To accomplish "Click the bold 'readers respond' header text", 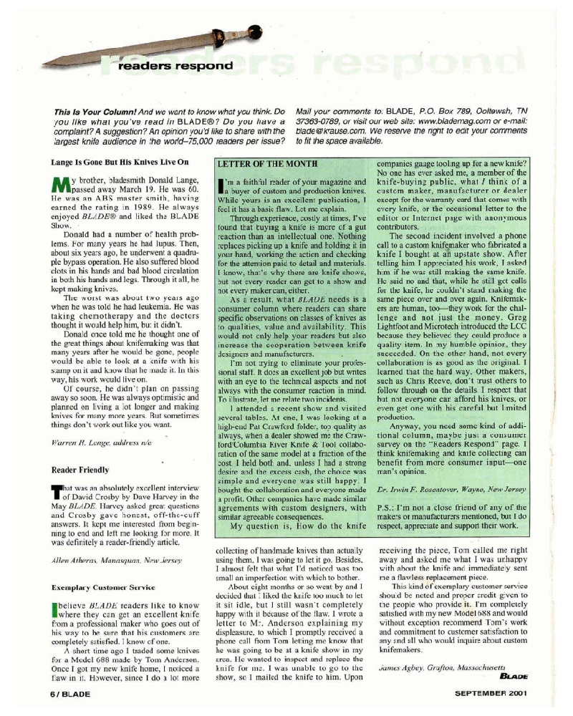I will (175, 66).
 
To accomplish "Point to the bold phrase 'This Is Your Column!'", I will (92, 112).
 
